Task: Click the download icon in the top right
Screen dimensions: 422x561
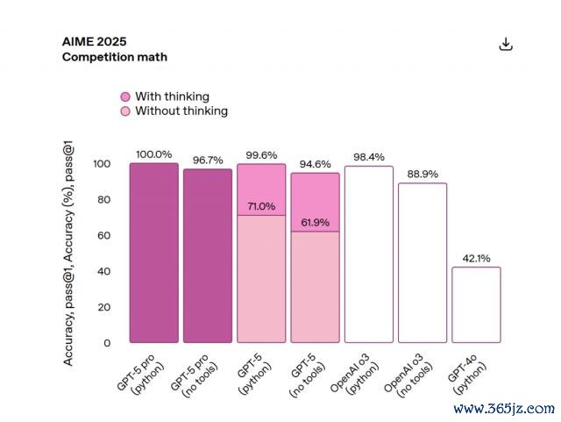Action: coord(505,45)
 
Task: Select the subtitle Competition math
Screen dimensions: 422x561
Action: coord(114,57)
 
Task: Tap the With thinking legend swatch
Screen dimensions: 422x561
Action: coord(125,97)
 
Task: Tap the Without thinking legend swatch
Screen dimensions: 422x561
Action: coord(125,111)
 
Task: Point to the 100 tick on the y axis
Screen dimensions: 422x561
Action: coord(102,164)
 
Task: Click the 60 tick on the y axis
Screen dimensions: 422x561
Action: coord(105,236)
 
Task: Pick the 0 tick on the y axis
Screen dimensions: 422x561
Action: coord(108,343)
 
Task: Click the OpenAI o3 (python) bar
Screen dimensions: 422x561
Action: coord(369,254)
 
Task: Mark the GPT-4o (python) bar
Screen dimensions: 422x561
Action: coord(476,304)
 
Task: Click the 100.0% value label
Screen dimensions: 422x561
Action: coord(154,154)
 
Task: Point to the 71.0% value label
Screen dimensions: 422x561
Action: coord(261,206)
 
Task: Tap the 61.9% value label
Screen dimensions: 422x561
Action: coord(315,222)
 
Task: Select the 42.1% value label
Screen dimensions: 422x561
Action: coord(476,259)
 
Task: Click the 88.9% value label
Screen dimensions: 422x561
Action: coord(423,175)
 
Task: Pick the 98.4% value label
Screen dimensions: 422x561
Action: coord(369,157)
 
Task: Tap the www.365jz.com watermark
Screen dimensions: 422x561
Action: coord(504,409)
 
